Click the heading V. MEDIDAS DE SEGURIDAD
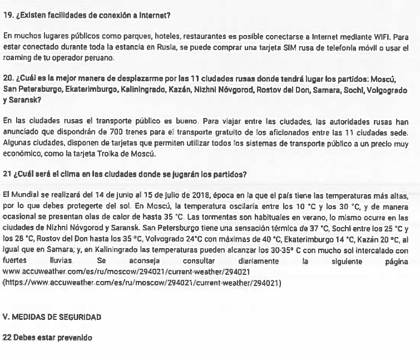52,317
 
